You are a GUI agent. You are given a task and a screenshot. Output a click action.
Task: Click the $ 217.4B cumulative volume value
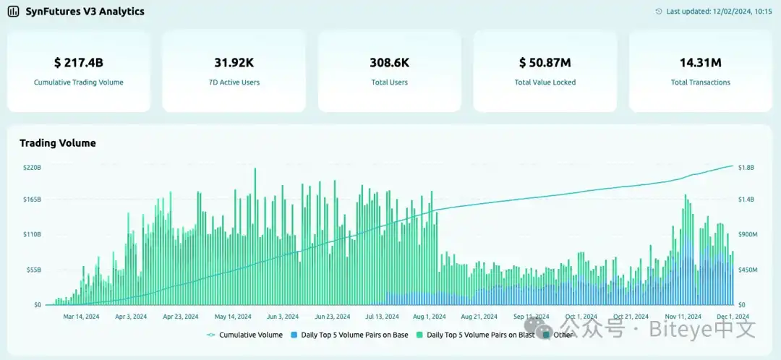(78, 63)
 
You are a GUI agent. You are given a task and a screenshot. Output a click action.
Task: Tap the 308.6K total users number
(389, 63)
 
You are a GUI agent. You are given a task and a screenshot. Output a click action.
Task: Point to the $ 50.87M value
(545, 63)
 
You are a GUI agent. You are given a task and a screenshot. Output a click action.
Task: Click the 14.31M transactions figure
(700, 63)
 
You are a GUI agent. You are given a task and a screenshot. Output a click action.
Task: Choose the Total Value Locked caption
(545, 82)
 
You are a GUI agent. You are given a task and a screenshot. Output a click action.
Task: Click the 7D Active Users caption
(234, 82)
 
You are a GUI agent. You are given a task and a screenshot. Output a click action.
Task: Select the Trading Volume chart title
(58, 143)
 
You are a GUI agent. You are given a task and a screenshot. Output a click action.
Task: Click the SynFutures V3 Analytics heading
(85, 12)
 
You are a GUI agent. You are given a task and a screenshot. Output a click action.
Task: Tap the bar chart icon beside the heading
(14, 12)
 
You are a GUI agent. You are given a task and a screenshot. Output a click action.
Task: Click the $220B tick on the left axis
(32, 167)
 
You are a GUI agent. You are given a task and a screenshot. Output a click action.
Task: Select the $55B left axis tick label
(33, 270)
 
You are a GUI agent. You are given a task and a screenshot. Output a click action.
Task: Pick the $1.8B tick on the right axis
(746, 167)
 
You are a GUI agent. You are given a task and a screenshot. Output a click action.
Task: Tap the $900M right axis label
(747, 235)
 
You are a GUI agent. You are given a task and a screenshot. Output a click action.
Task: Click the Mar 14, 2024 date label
(80, 317)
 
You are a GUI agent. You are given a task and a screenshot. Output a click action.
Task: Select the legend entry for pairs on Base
(349, 335)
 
